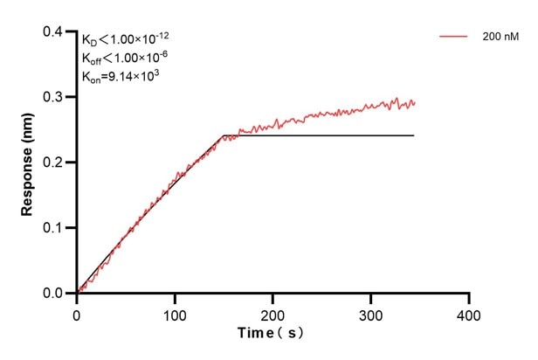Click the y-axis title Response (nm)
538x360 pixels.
tap(27, 162)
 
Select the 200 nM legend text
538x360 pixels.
tap(500, 38)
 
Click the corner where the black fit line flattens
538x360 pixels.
tap(224, 135)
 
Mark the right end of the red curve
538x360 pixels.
tap(415, 102)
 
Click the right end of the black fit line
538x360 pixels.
tap(413, 135)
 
